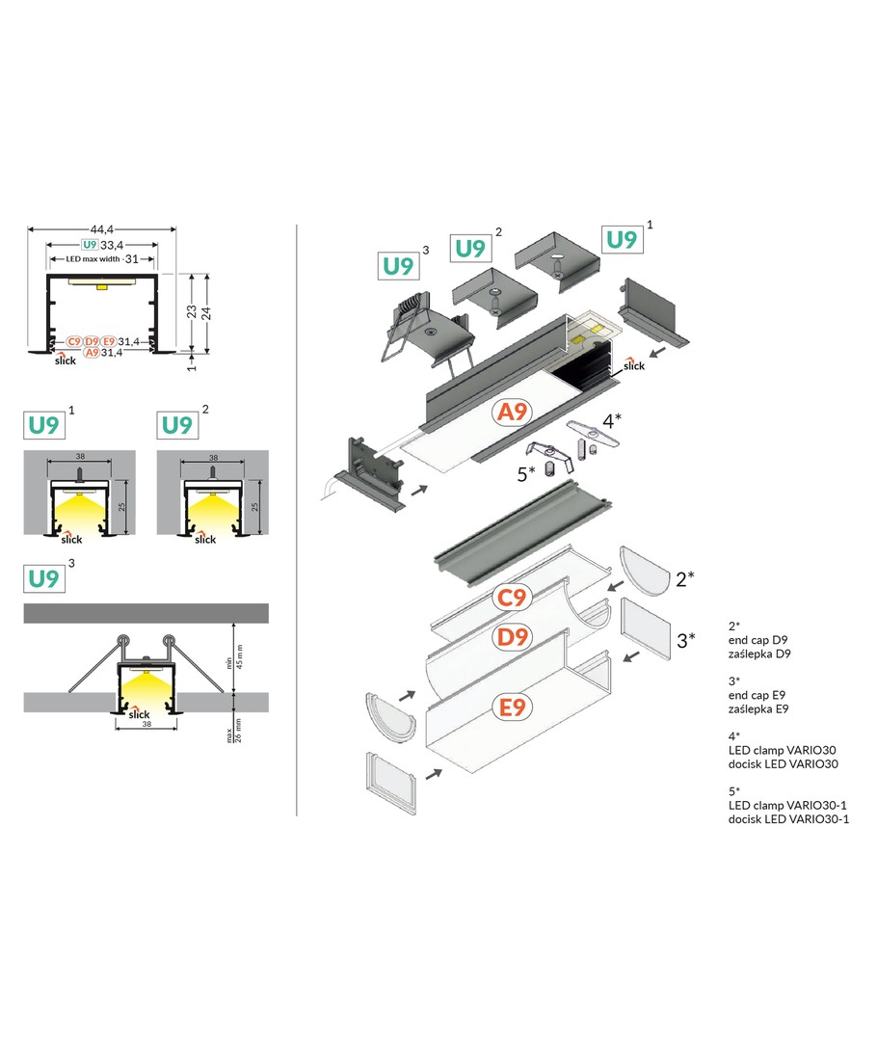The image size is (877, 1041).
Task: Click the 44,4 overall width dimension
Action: tap(102, 228)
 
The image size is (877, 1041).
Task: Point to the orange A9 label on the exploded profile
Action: tap(511, 414)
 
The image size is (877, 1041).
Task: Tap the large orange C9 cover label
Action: tap(511, 598)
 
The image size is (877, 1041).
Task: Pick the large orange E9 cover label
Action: tap(511, 707)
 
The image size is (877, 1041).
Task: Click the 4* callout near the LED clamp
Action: tap(613, 420)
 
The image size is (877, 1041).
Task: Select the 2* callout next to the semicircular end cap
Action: tap(685, 578)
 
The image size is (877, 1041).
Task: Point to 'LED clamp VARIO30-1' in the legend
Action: tap(788, 804)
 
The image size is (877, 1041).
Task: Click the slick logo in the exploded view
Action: tap(633, 364)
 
